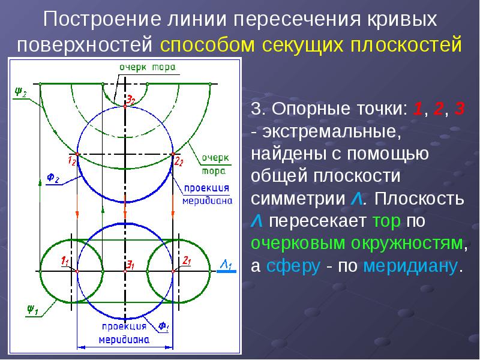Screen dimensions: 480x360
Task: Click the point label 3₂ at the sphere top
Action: point(131,100)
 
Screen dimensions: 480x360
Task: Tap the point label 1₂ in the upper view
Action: point(71,160)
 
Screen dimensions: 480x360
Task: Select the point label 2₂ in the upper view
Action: point(178,161)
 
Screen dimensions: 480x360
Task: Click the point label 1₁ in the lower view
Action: point(65,261)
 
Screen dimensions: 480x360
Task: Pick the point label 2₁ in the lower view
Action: point(187,261)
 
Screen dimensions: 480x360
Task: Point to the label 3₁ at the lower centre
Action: point(131,265)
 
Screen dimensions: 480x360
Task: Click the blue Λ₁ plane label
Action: point(227,265)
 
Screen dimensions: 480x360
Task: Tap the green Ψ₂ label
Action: point(21,91)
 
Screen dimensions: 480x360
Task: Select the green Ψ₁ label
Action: point(32,310)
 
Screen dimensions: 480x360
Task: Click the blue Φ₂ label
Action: point(53,178)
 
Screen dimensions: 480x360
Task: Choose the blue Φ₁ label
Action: point(163,326)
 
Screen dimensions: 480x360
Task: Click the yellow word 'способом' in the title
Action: point(208,44)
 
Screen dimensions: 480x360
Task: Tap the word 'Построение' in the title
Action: point(102,19)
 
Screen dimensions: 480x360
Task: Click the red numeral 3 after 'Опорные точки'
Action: point(459,109)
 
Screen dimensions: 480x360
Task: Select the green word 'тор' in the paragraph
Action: point(386,221)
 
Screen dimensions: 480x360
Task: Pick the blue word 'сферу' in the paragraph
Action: point(293,266)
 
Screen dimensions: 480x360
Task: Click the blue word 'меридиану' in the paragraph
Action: point(410,266)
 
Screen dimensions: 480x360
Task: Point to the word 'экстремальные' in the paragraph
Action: point(331,131)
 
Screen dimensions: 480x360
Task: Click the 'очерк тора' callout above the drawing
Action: point(147,68)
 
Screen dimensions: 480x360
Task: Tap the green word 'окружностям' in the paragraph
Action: point(407,244)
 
